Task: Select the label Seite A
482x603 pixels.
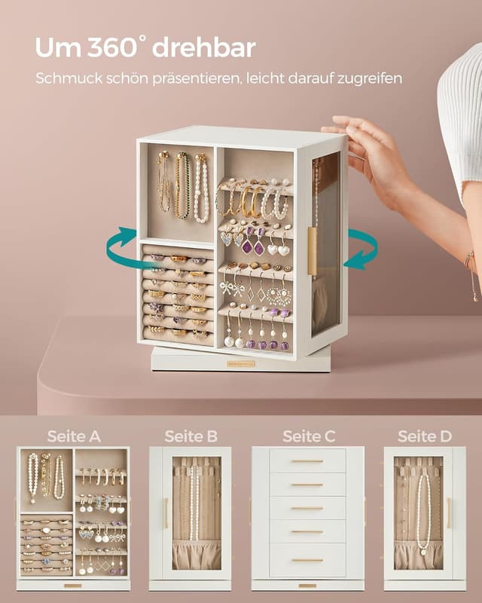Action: (x=74, y=436)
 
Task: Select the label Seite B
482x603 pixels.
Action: (x=191, y=436)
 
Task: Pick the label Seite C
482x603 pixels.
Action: (x=309, y=436)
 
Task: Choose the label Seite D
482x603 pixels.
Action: (x=424, y=436)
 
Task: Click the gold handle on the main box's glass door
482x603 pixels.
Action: (x=312, y=250)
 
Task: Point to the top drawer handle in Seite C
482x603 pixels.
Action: (x=307, y=461)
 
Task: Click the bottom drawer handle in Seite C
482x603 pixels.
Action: (x=307, y=560)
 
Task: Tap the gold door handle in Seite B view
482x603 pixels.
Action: (x=166, y=513)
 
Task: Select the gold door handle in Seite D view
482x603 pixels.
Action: (x=449, y=513)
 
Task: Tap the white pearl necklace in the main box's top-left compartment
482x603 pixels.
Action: (x=201, y=188)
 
